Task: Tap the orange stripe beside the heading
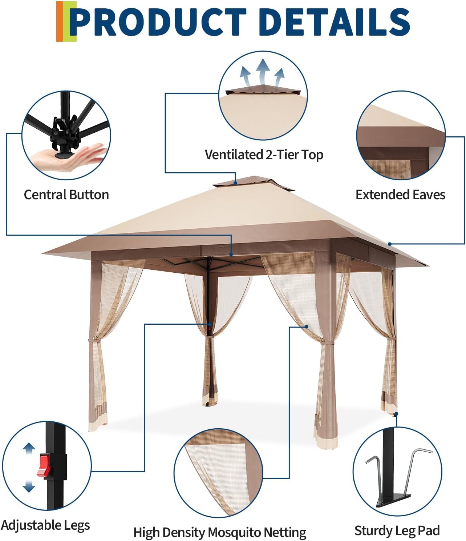[x=59, y=21]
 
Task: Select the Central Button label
[x=66, y=195]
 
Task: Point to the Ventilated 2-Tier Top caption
[x=264, y=155]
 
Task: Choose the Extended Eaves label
[x=400, y=195]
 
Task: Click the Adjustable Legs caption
[x=45, y=518]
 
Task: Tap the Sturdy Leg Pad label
[x=397, y=524]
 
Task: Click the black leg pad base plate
[x=393, y=501]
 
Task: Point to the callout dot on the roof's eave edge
[x=389, y=244]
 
